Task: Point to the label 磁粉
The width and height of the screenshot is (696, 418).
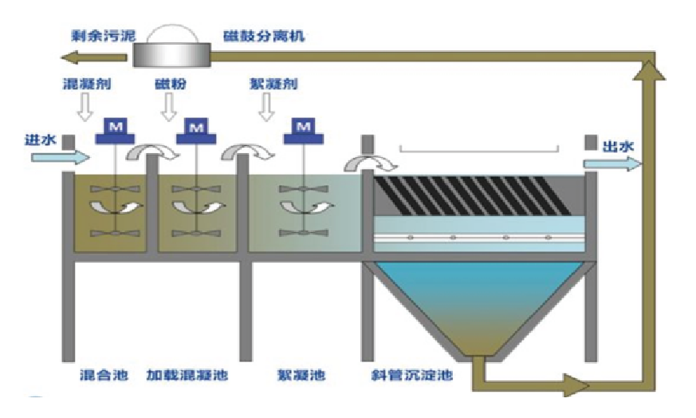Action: pos(171,84)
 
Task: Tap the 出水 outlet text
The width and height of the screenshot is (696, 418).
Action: pos(619,146)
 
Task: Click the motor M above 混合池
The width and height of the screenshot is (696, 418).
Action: pos(115,127)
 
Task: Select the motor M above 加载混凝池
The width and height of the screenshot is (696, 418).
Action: pos(198,127)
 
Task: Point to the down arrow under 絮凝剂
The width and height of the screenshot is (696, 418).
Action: pos(268,108)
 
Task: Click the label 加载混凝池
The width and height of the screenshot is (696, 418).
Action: pos(186,375)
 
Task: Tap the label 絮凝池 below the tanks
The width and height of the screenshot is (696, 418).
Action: pos(301,375)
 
